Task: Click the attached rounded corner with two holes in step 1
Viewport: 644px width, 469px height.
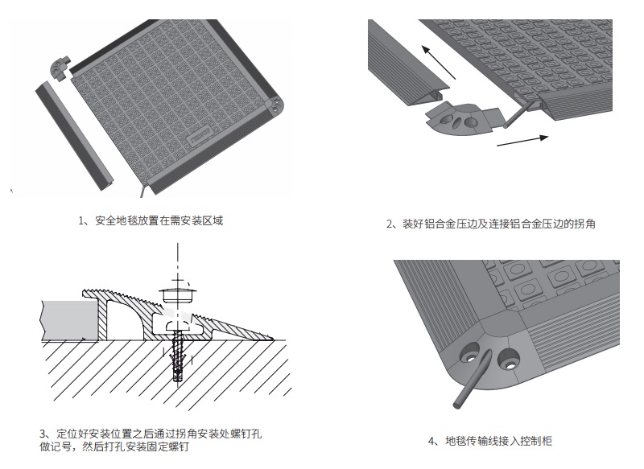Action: (x=275, y=107)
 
